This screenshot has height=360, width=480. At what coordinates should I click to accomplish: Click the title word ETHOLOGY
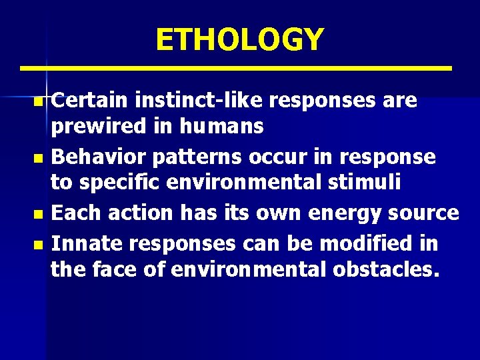(x=239, y=39)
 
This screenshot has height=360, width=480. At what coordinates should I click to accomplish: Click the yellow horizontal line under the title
(x=235, y=68)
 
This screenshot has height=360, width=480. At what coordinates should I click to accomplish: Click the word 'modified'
(x=369, y=243)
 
